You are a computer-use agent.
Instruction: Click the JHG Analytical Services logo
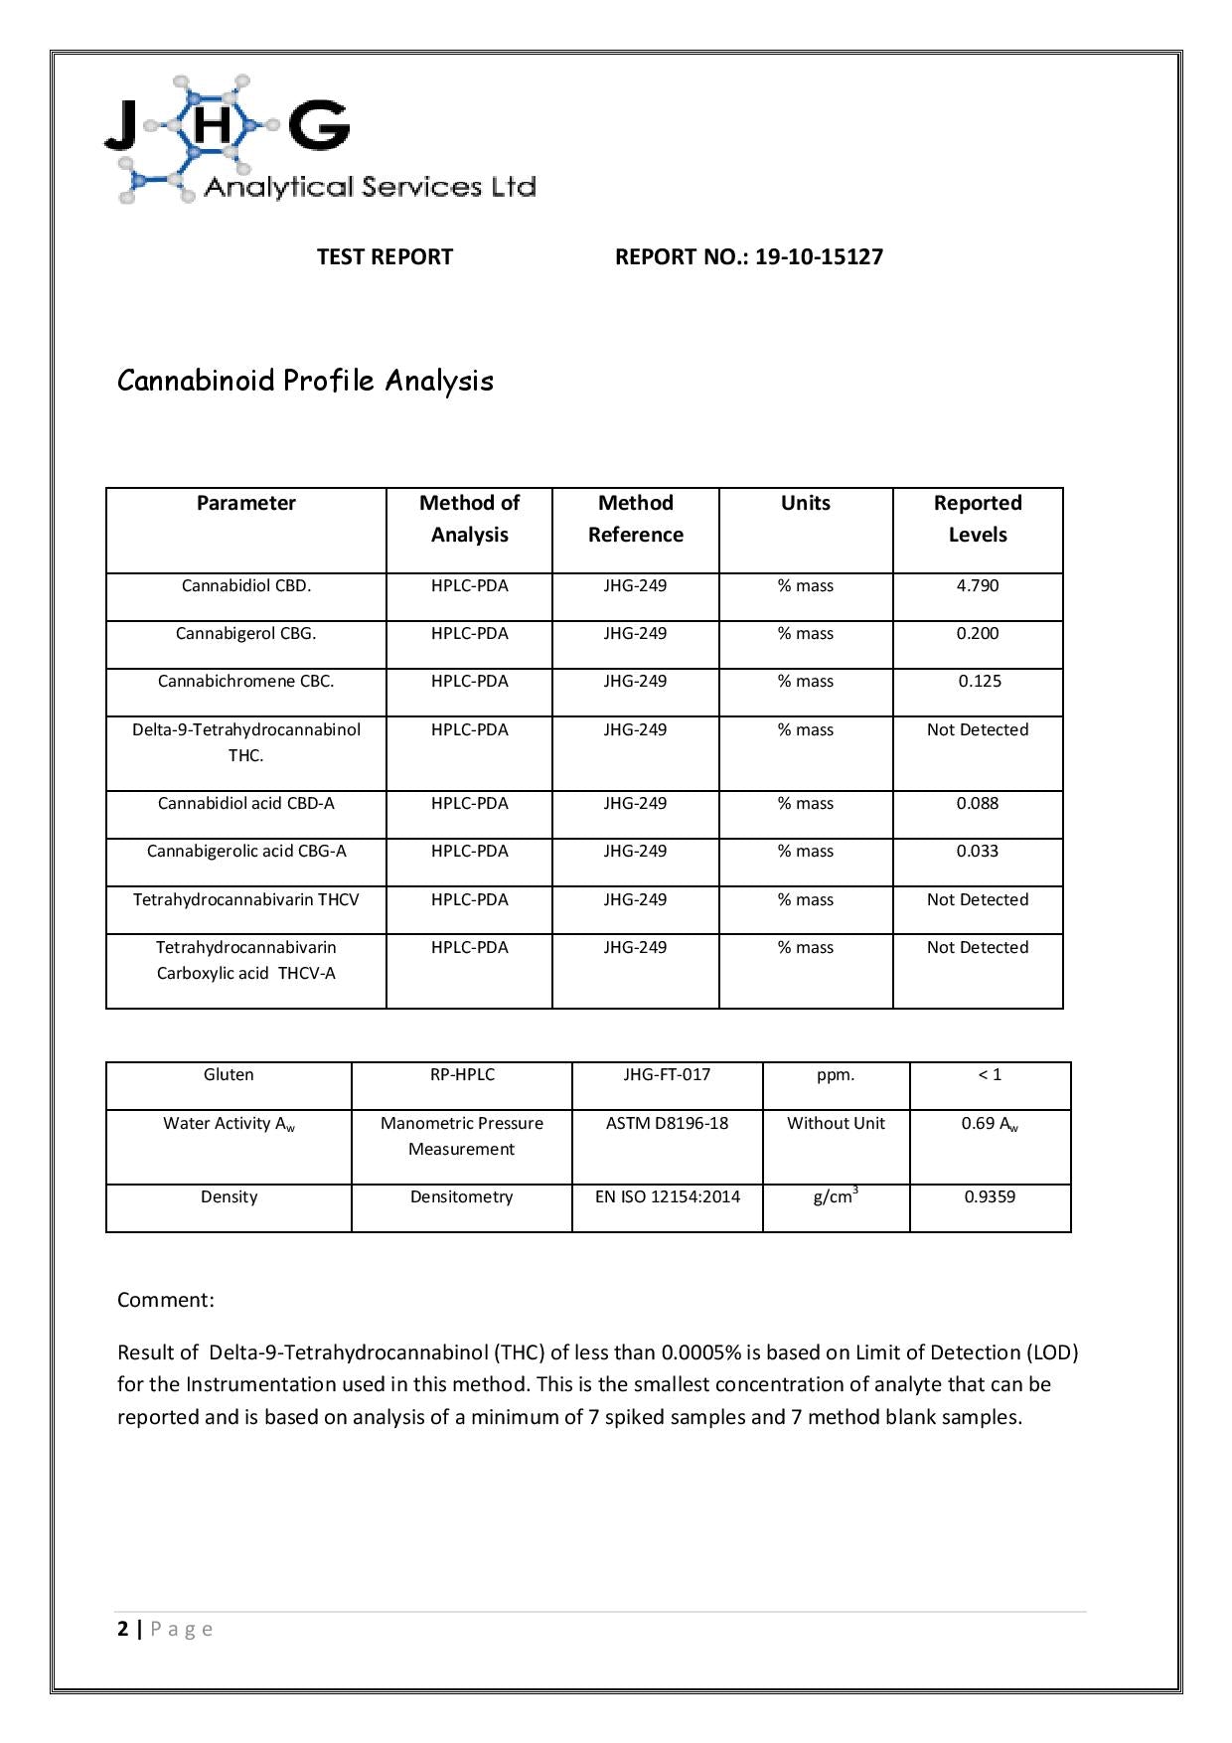tap(320, 139)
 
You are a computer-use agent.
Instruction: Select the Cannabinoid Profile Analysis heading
tap(305, 381)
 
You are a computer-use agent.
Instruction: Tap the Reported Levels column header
tap(978, 519)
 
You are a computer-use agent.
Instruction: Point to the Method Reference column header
tap(636, 519)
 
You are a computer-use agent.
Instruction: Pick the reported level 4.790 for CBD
tap(978, 586)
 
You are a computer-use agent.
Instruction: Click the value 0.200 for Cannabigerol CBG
tap(978, 634)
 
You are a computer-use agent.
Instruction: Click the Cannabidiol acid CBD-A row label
tap(246, 804)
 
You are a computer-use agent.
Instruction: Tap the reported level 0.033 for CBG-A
tap(978, 852)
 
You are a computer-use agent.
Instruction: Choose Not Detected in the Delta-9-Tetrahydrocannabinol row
tap(978, 730)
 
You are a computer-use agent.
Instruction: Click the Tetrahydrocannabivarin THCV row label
tap(246, 900)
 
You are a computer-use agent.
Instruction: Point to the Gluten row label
tap(229, 1075)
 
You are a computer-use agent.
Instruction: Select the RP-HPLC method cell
tap(462, 1075)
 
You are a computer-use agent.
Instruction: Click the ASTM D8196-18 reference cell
tap(667, 1124)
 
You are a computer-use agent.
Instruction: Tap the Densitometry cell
tap(462, 1197)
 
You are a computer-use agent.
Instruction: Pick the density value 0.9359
tap(990, 1197)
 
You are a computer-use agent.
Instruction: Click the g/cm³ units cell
tap(836, 1197)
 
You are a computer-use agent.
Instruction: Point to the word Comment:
tap(166, 1301)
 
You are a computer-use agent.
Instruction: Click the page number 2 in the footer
tap(123, 1629)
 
